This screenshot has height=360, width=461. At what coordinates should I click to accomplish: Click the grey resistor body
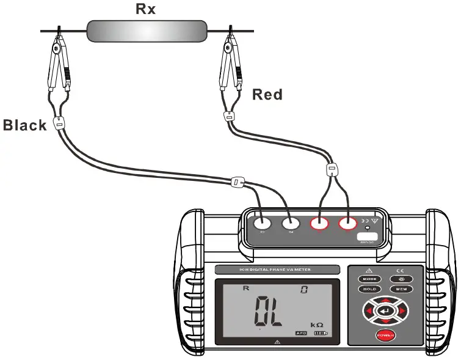(x=147, y=31)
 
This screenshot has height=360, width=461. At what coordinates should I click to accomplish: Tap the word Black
(x=24, y=125)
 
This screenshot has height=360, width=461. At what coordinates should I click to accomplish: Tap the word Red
(x=267, y=95)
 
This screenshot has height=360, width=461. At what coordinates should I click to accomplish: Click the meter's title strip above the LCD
(x=277, y=270)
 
